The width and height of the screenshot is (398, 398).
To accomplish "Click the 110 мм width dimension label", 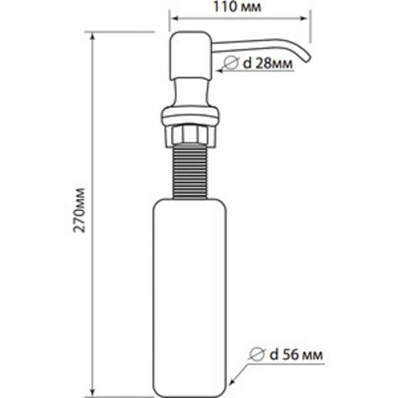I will (239, 8).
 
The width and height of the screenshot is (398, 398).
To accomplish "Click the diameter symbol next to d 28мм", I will (231, 64).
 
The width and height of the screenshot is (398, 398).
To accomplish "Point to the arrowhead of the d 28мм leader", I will (213, 71).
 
